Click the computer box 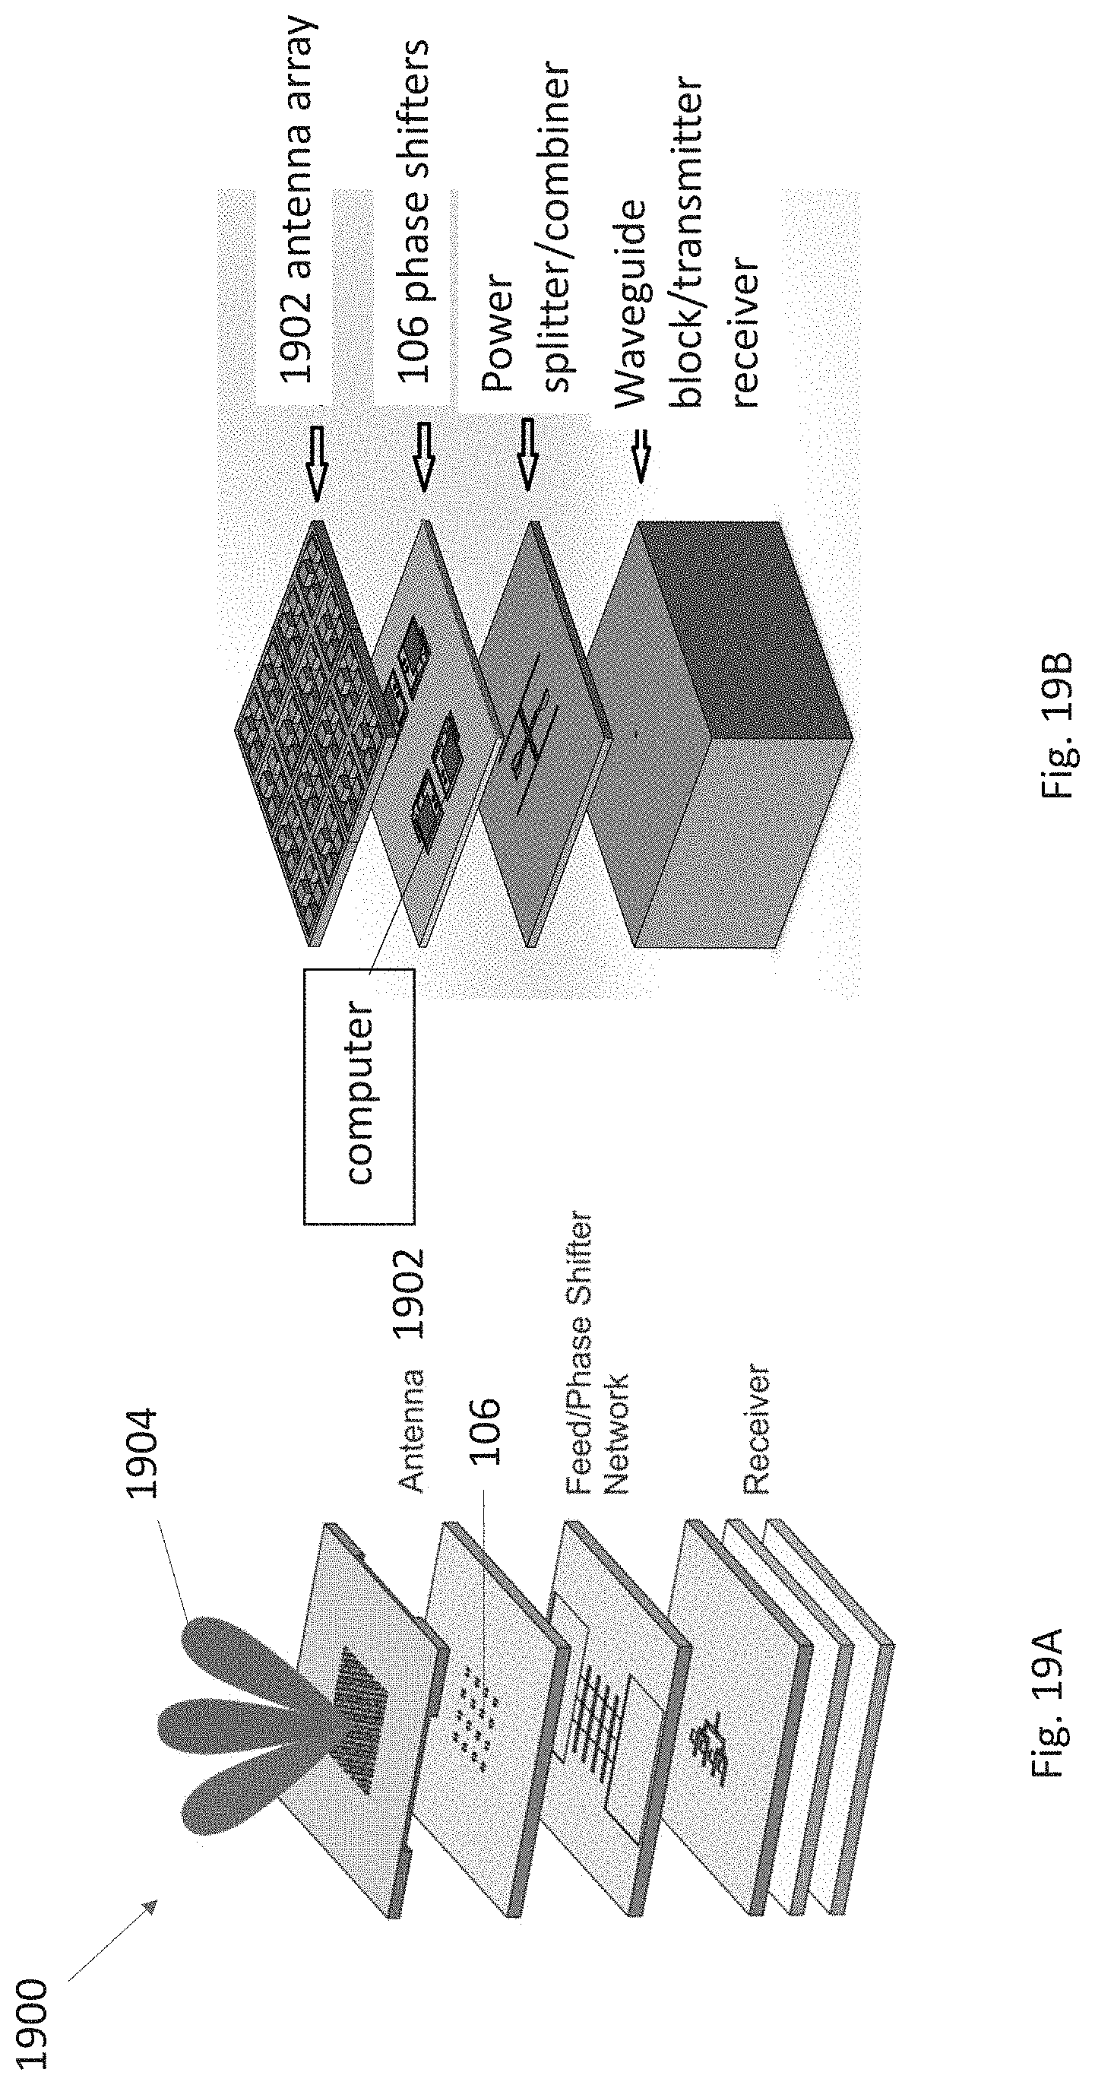359,1095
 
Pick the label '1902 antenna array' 296,199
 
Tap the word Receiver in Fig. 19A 755,1429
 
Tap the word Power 496,334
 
